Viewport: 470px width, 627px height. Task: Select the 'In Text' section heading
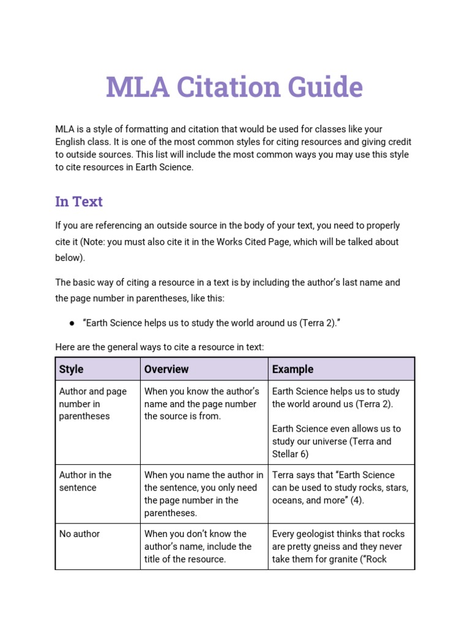79,201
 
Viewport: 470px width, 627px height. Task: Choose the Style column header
71,369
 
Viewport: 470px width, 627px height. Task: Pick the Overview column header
166,369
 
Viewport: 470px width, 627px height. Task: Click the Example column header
293,369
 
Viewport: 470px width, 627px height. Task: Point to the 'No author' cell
80,534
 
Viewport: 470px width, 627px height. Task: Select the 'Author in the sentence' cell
85,481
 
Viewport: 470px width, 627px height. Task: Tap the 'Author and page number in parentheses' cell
92,404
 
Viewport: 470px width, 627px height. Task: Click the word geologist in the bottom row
317,534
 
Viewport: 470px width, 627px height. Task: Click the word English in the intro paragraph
71,141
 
